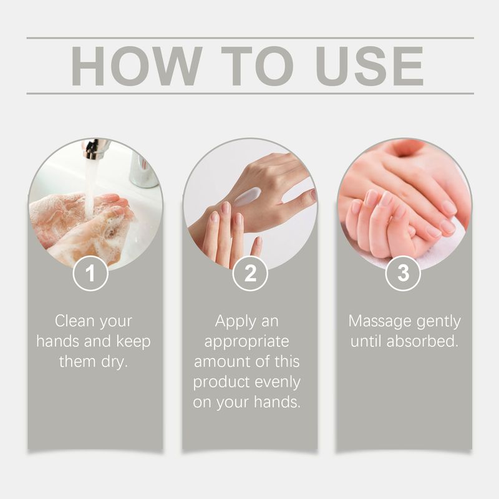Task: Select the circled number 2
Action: [x=249, y=273]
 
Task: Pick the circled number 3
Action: [x=403, y=273]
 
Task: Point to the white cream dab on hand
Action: [x=248, y=197]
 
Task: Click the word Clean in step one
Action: [x=75, y=321]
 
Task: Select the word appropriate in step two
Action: [x=247, y=342]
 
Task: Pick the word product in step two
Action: [x=219, y=382]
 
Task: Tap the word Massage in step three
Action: [x=378, y=321]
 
